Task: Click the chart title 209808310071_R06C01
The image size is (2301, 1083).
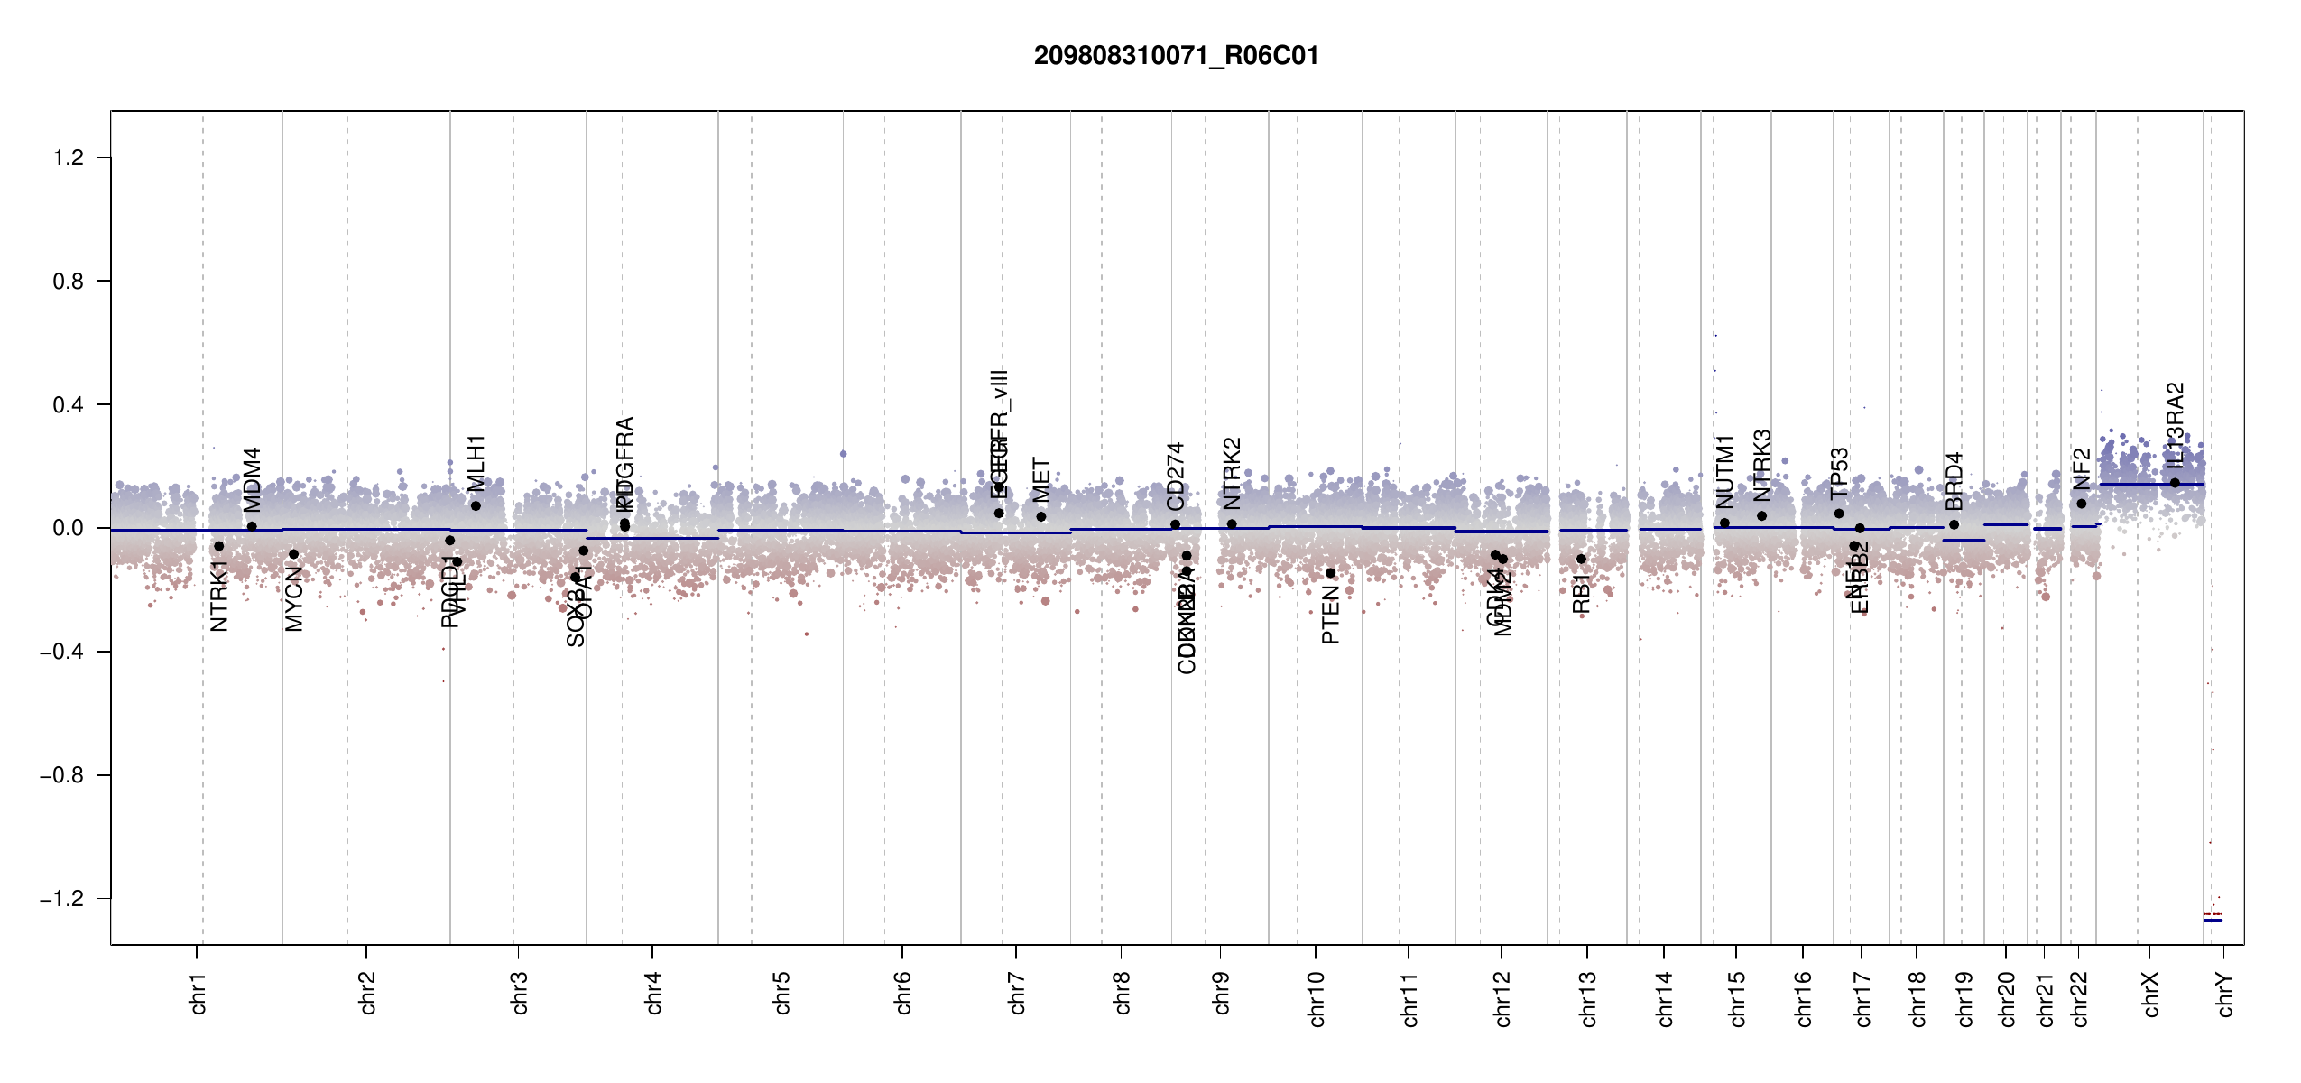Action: (x=1176, y=56)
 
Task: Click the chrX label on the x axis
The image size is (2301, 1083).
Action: (x=2151, y=994)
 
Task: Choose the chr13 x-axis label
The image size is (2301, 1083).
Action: (x=1588, y=998)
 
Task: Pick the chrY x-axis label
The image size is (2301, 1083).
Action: (x=2225, y=994)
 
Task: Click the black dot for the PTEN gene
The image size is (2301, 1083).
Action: (x=1330, y=573)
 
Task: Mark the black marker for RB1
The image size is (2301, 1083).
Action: (x=1581, y=560)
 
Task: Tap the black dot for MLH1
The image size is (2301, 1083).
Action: (x=476, y=505)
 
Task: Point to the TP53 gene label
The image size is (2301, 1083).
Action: (x=1839, y=474)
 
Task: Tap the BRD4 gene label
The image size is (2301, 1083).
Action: (x=1954, y=481)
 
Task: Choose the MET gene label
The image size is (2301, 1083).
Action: (x=1041, y=481)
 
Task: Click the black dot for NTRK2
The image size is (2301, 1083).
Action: (x=1232, y=524)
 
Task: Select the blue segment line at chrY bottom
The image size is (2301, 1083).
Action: (x=2213, y=921)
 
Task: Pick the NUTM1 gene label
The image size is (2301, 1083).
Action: (x=1724, y=472)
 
